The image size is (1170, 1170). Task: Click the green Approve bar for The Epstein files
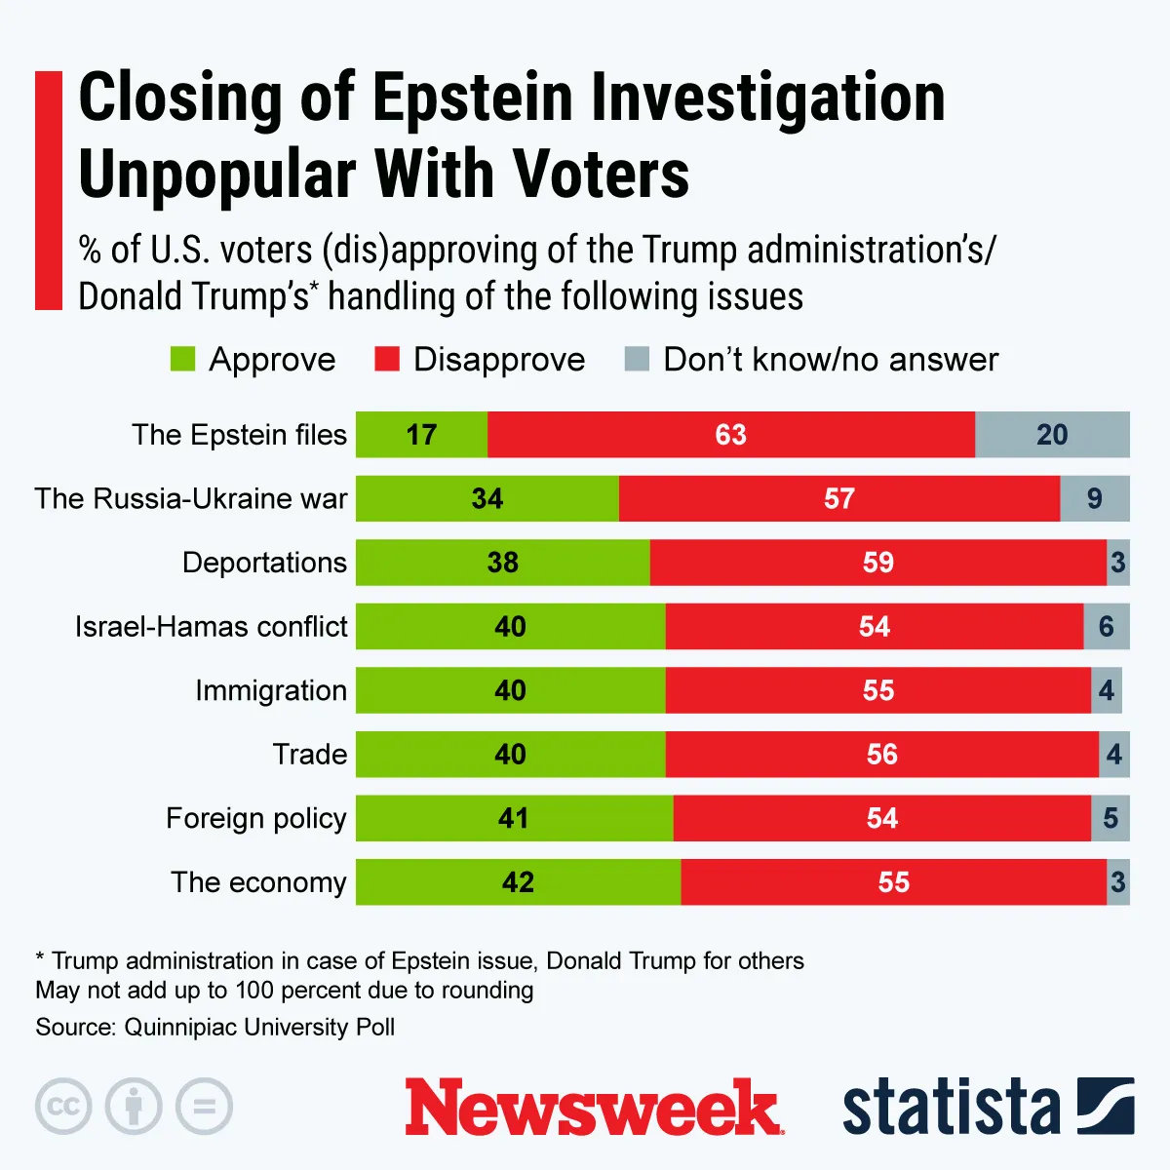coord(421,435)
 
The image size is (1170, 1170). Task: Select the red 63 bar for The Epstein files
coord(730,435)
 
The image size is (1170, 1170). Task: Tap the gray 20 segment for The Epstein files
coord(1052,435)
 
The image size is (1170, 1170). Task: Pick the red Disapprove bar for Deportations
coord(877,563)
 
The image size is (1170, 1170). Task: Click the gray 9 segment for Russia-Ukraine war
coord(1094,499)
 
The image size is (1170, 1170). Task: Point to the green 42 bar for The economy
coord(518,882)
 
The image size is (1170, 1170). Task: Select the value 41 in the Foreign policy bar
coord(513,818)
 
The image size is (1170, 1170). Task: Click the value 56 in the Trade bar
coord(881,755)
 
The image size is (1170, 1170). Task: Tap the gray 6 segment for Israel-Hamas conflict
coord(1106,627)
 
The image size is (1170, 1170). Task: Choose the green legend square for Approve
coord(183,360)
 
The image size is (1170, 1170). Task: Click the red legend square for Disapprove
coord(387,360)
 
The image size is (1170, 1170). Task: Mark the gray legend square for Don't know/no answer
coord(637,360)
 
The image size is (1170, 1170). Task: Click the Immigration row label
coord(270,690)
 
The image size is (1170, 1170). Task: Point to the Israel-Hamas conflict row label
coord(211,627)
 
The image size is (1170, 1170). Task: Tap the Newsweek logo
coord(593,1108)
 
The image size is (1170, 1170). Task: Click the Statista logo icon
coord(1106,1107)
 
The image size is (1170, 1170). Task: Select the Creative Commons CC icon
coord(63,1107)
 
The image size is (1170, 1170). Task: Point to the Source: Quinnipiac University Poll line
coord(215,1028)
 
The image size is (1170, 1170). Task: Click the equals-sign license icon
coord(204,1107)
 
